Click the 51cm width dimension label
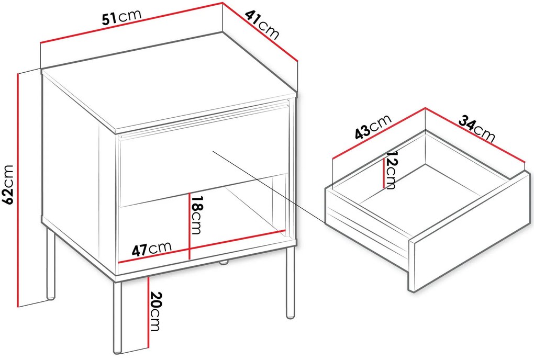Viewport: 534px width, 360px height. [121, 18]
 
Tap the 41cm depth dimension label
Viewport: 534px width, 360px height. [262, 25]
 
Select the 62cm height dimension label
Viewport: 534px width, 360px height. [8, 185]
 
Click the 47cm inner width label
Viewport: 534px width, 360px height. [151, 249]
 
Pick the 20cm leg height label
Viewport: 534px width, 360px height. [155, 311]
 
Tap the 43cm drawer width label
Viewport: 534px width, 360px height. [373, 127]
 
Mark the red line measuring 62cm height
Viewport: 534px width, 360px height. [17, 189]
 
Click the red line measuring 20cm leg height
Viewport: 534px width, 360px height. [149, 312]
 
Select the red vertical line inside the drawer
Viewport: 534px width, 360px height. [384, 173]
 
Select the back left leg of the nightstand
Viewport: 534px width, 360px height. [50, 264]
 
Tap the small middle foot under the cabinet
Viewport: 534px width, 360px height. [224, 262]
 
